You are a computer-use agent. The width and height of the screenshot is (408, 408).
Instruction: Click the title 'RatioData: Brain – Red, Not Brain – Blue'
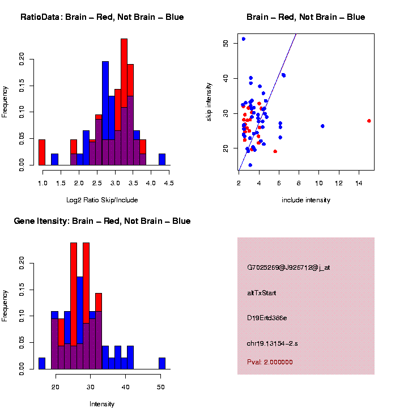[102, 17]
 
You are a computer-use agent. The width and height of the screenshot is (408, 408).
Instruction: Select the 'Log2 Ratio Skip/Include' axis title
[102, 200]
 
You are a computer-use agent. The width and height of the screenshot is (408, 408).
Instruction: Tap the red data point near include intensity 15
[369, 121]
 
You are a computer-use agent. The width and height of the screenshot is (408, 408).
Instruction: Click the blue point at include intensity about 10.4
[322, 126]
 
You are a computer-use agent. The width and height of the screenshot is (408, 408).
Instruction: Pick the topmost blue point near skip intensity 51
[244, 39]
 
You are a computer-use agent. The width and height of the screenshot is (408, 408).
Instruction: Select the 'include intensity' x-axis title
[305, 200]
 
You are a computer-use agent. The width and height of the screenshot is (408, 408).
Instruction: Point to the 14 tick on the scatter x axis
[359, 183]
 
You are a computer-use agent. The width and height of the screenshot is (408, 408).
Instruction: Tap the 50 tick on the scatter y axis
[226, 43]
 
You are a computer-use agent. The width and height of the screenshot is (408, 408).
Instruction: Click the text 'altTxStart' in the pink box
[262, 293]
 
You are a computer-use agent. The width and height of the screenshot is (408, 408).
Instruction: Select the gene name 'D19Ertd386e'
[267, 318]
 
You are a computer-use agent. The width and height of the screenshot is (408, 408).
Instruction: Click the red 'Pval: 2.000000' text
[270, 362]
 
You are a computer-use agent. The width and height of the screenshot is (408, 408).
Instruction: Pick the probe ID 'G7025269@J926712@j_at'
[288, 267]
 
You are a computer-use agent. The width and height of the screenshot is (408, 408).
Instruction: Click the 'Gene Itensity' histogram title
[102, 221]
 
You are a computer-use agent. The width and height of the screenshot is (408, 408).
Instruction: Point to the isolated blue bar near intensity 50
[162, 363]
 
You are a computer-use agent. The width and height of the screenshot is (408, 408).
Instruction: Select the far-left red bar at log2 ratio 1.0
[41, 152]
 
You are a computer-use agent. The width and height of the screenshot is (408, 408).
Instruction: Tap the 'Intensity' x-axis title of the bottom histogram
[102, 404]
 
